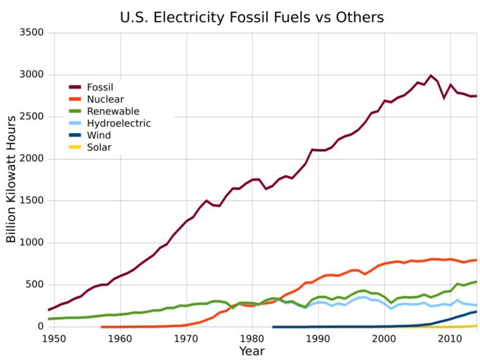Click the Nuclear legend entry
pyautogui.click(x=105, y=99)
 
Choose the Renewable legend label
pyautogui.click(x=112, y=111)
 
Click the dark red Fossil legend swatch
pyautogui.click(x=76, y=87)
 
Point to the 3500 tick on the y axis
pyautogui.click(x=31, y=32)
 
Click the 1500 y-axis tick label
pyautogui.click(x=31, y=200)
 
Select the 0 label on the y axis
pyautogui.click(x=40, y=326)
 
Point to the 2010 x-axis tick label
pyautogui.click(x=450, y=338)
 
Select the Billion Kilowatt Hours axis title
pyautogui.click(x=11, y=179)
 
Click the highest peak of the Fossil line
pyautogui.click(x=430, y=75)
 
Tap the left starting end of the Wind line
pyautogui.click(x=273, y=327)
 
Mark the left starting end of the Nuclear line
pyautogui.click(x=102, y=327)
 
